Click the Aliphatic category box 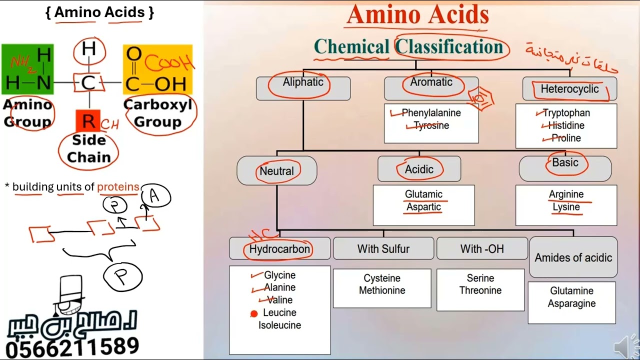303,88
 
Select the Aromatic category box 431,88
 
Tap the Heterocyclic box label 569,89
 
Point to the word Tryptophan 566,113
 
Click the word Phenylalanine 431,113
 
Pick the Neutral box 276,171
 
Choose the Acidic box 419,169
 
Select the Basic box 565,168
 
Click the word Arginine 566,194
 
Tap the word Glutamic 423,194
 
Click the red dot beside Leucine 254,313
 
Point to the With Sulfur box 383,248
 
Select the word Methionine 382,290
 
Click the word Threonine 480,290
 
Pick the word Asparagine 571,303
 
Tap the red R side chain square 88,121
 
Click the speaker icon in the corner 625,346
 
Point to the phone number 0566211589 72,346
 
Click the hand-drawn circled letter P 122,276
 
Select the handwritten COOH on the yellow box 168,64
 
